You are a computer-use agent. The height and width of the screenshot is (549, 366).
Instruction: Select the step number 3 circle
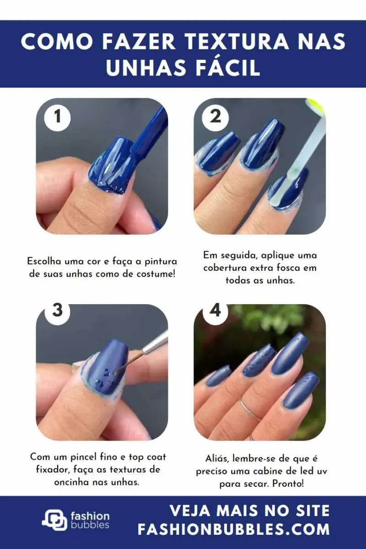(x=58, y=311)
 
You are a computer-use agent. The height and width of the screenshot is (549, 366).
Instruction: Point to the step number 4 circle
(x=215, y=311)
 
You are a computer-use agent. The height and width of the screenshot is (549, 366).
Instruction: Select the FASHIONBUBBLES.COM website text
(x=234, y=529)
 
